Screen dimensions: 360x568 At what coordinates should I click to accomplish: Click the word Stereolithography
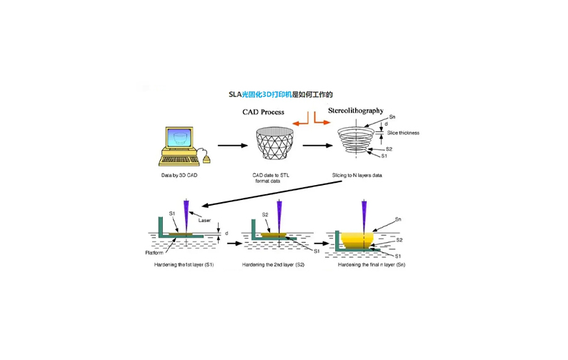click(355, 111)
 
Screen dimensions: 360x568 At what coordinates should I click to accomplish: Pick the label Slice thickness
click(403, 133)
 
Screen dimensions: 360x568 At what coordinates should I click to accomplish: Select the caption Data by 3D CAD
click(179, 175)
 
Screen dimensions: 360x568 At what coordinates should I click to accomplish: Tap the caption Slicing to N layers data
click(357, 175)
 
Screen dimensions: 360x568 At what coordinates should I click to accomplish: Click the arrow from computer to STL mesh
click(232, 146)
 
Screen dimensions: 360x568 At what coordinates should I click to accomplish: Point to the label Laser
click(204, 220)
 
